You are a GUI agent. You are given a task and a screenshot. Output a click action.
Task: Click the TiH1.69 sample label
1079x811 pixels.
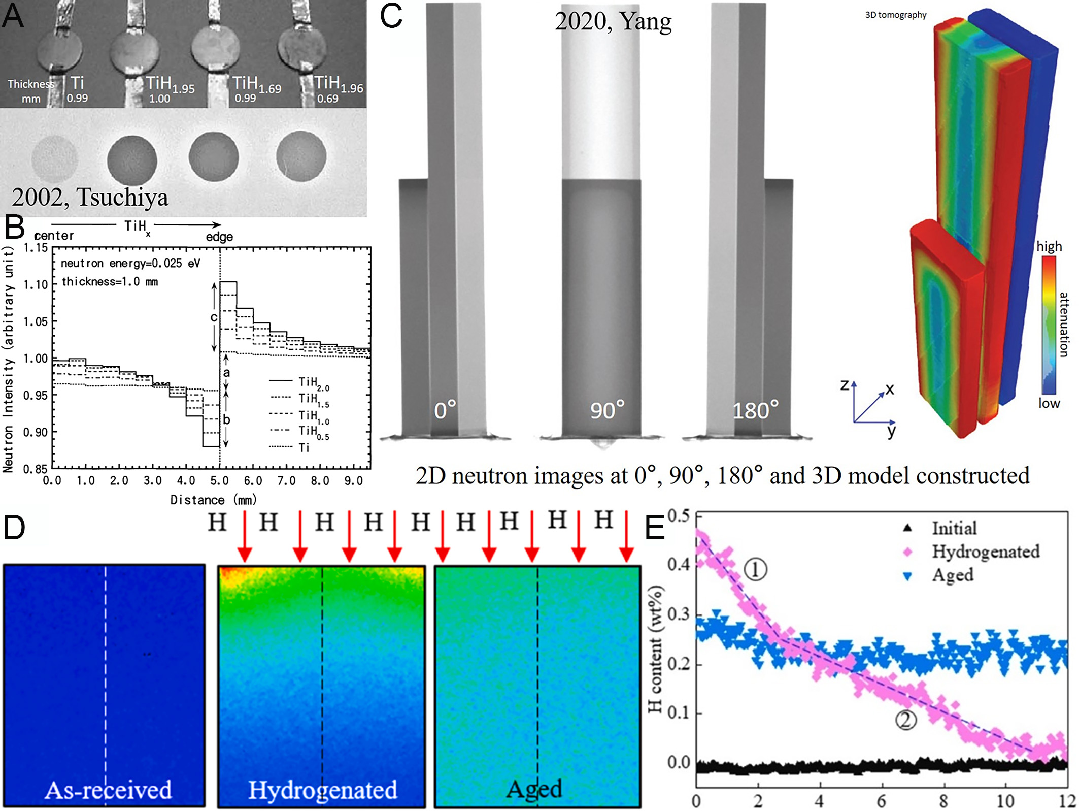tap(256, 85)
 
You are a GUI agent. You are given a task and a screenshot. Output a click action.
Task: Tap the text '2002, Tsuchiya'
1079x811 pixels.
tap(90, 197)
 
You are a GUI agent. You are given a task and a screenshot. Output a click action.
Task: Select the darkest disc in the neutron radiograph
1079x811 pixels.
tap(132, 160)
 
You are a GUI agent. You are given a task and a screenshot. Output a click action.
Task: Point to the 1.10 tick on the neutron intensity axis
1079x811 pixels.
tap(36, 284)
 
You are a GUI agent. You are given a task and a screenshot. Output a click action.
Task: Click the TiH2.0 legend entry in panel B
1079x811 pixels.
tap(299, 382)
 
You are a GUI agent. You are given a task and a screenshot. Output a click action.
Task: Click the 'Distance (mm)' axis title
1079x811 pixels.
tap(213, 500)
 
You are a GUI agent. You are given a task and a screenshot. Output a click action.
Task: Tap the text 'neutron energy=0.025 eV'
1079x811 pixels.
tap(130, 263)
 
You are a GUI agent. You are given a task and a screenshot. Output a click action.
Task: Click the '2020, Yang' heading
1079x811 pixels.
tap(613, 22)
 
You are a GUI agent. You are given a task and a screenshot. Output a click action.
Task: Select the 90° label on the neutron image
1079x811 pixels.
tap(607, 410)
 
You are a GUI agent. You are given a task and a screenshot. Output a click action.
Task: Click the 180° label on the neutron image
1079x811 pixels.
tap(755, 410)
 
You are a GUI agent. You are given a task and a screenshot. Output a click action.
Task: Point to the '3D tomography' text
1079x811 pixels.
tap(895, 15)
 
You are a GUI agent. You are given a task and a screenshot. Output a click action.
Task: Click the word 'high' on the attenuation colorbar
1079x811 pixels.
tap(1049, 246)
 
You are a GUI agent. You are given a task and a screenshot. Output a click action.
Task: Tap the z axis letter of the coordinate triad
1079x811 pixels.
tap(844, 385)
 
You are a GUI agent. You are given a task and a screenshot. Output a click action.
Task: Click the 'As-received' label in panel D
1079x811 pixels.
tap(108, 790)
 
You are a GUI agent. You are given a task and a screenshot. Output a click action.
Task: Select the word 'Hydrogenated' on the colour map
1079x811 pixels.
tap(322, 790)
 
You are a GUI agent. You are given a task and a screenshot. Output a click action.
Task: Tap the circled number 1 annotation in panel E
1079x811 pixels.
tap(755, 569)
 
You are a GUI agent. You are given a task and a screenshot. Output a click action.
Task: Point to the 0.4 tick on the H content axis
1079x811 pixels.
tap(679, 565)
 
